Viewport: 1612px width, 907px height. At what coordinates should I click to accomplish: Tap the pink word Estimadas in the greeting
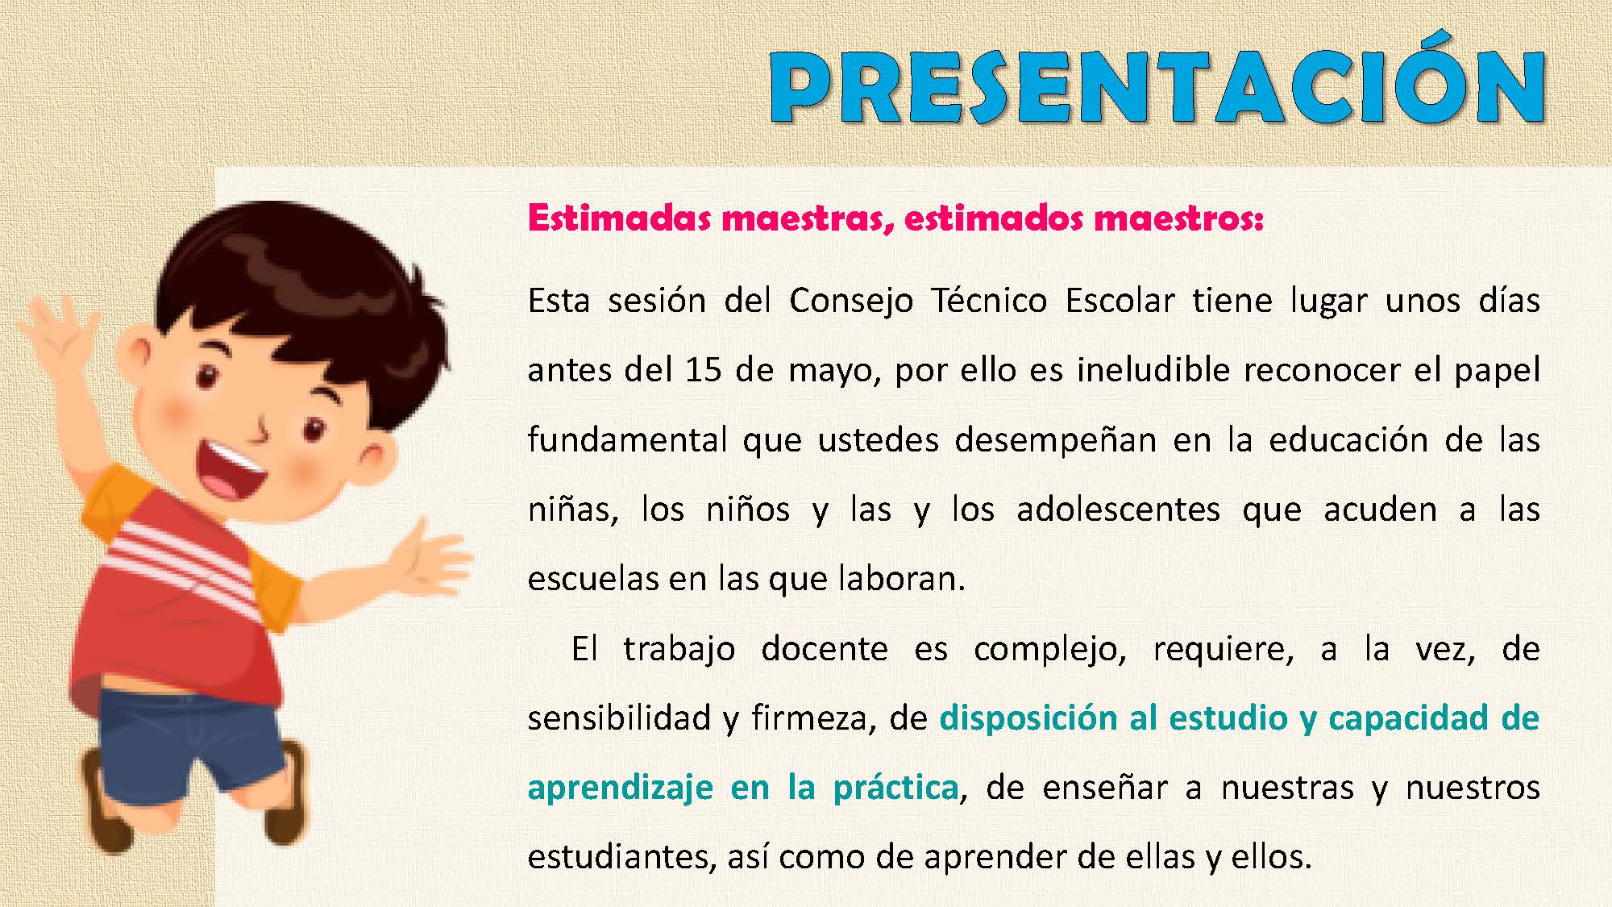click(x=619, y=218)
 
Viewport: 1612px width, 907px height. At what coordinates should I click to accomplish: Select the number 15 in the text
click(x=704, y=370)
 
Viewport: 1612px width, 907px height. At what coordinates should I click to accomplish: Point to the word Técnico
click(x=989, y=300)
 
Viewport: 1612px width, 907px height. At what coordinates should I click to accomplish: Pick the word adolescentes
click(x=1118, y=509)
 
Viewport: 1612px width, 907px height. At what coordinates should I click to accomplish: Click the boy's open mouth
click(x=235, y=472)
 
